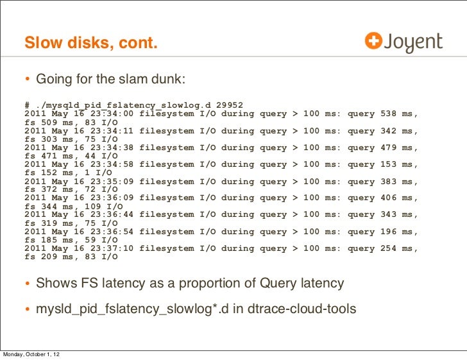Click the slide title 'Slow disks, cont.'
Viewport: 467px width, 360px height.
90,44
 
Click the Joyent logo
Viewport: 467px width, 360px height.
403,42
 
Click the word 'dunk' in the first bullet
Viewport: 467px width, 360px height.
167,80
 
